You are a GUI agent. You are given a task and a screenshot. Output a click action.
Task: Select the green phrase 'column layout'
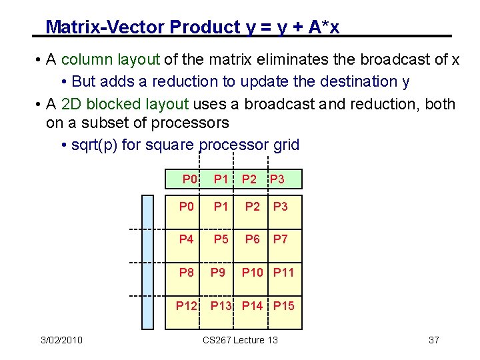coord(110,59)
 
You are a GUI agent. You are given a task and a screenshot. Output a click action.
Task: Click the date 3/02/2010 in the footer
coord(61,341)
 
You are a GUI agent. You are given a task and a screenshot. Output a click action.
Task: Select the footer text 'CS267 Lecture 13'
coord(241,341)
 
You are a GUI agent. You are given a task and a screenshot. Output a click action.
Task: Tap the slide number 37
coord(433,341)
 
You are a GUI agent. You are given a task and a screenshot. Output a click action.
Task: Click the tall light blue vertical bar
coord(147,262)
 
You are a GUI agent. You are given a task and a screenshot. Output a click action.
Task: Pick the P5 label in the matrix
coord(221,239)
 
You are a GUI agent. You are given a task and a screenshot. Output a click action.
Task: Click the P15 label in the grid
coord(283,306)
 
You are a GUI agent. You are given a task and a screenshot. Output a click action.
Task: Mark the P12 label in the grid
coord(187,306)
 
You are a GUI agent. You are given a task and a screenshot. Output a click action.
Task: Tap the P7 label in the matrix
coord(281,239)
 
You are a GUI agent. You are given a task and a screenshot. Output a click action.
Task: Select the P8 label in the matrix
coord(187,272)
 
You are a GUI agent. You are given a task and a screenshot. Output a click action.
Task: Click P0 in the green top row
coord(190,179)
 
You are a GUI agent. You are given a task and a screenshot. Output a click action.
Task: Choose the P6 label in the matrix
coord(252,239)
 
